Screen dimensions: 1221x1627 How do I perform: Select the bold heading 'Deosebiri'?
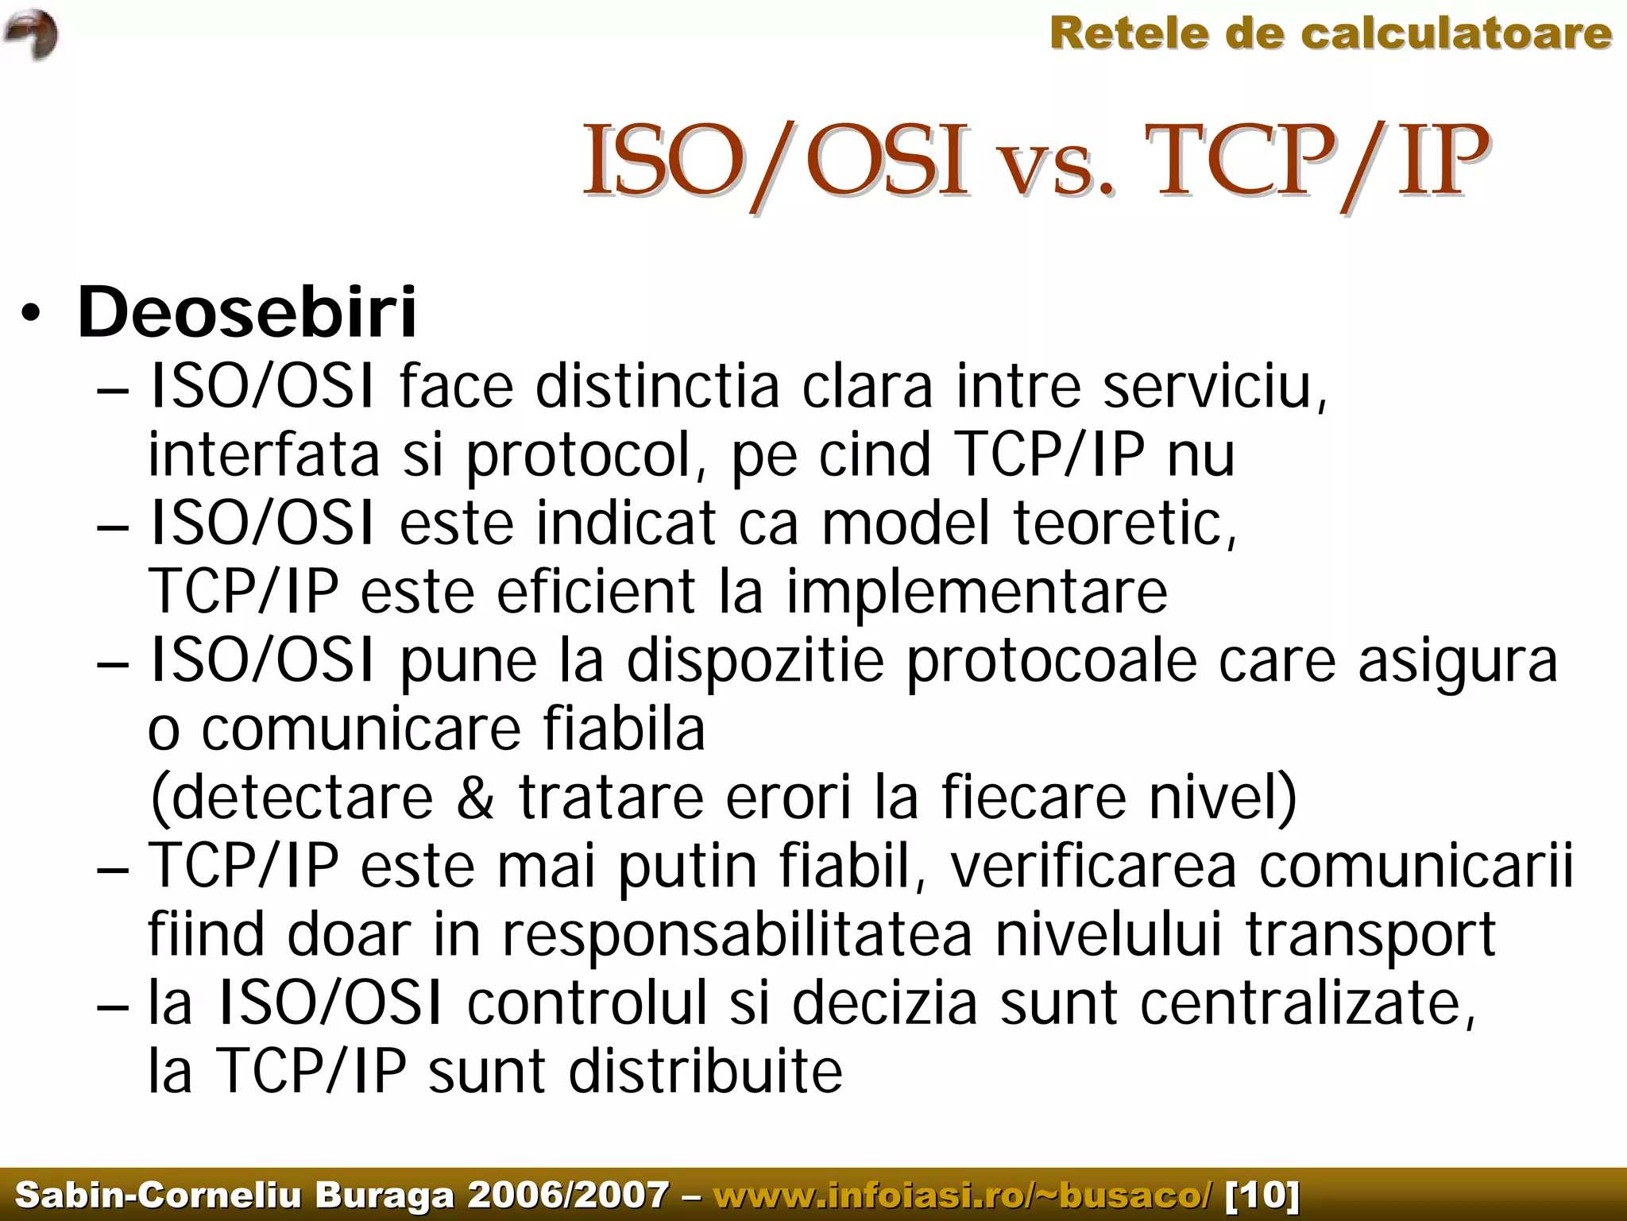pyautogui.click(x=246, y=311)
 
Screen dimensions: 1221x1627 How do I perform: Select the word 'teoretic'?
pyautogui.click(x=1123, y=524)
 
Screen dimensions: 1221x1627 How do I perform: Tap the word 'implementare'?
pyautogui.click(x=976, y=593)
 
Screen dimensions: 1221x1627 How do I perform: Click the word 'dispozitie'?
pyautogui.click(x=755, y=662)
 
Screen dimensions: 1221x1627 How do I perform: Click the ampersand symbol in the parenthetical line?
pyautogui.click(x=475, y=798)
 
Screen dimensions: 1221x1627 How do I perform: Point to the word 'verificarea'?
pyautogui.click(x=1093, y=867)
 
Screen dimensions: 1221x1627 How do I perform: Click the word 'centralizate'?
pyautogui.click(x=1307, y=1003)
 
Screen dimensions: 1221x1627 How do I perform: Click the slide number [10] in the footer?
pyautogui.click(x=1262, y=1195)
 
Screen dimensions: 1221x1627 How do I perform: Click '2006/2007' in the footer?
pyautogui.click(x=568, y=1195)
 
